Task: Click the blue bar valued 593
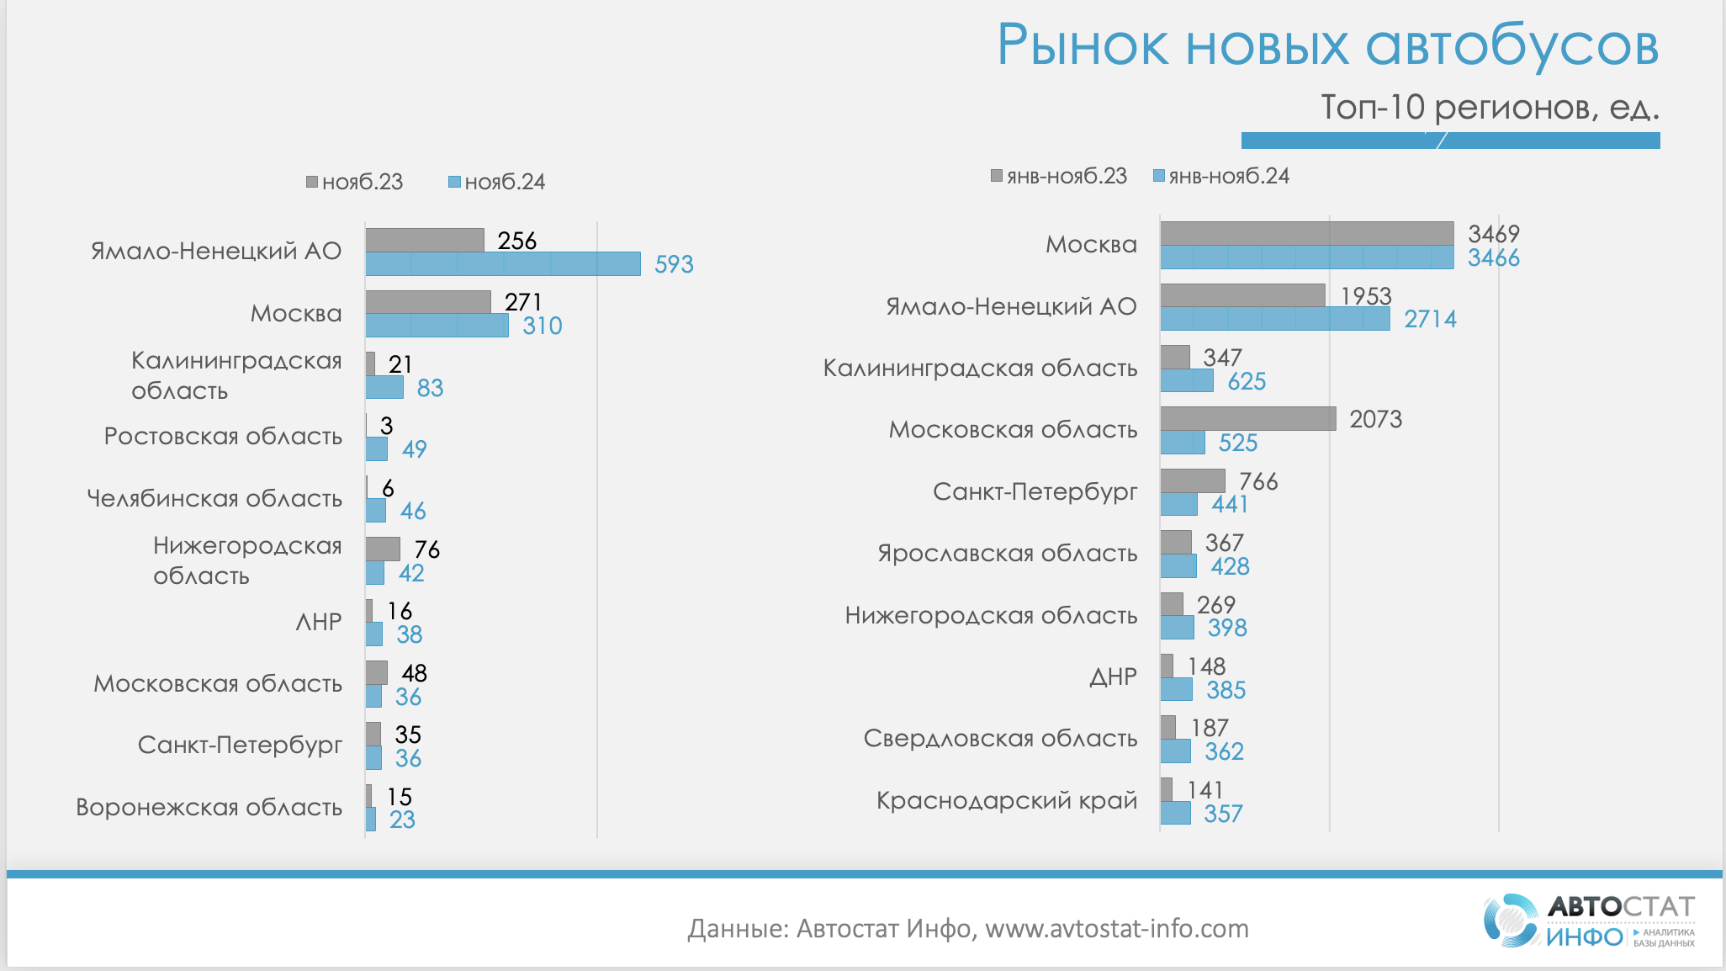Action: tap(502, 264)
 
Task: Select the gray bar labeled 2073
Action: tap(1247, 419)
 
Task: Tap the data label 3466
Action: tap(1493, 258)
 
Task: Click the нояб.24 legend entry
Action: tap(497, 182)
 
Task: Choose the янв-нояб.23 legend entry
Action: tap(1059, 176)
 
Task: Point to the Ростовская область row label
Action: tap(223, 437)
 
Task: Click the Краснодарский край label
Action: tap(1006, 800)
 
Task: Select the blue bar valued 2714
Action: tap(1274, 319)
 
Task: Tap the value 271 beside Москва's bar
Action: tap(523, 302)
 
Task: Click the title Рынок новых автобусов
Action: tap(1326, 45)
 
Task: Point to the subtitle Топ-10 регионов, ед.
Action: tap(1489, 108)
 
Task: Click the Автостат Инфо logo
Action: tap(1588, 921)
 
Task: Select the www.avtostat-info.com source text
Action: tap(1116, 929)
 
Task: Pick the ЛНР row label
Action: tap(319, 622)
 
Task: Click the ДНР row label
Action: tap(1113, 677)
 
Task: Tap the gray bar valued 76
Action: tap(383, 549)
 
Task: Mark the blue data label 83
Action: tap(430, 388)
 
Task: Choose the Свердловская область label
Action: tap(1000, 739)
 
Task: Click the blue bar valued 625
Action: tap(1187, 381)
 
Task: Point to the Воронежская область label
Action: tap(209, 808)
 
